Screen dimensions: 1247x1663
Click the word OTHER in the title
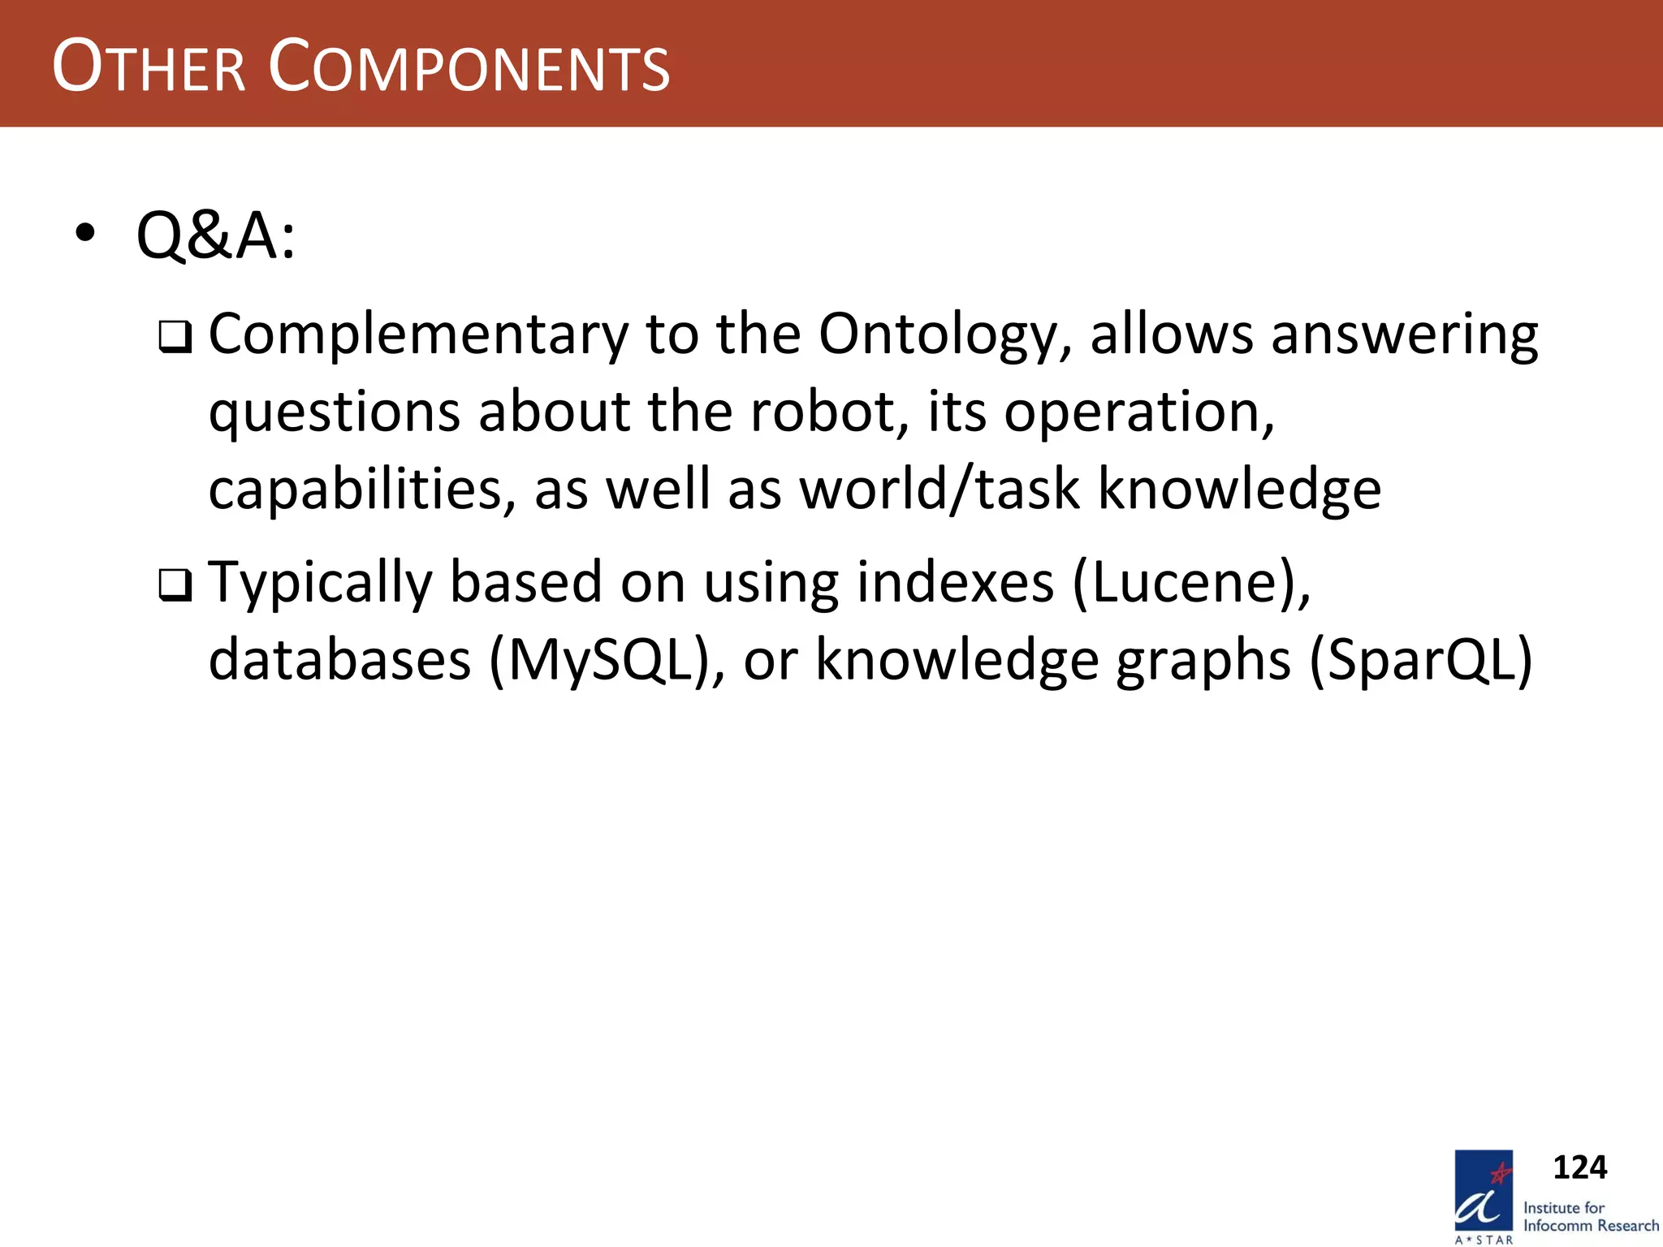tap(149, 67)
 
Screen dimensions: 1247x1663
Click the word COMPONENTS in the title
tap(469, 67)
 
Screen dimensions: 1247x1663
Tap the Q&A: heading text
tap(216, 236)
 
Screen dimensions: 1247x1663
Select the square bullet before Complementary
tap(175, 337)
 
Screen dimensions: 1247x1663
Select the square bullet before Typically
tap(175, 585)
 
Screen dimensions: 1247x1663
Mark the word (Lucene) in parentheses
tap(1190, 584)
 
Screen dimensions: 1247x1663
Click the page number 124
tap(1579, 1167)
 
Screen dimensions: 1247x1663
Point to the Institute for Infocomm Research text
tap(1590, 1217)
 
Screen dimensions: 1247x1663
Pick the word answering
tap(1404, 335)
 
